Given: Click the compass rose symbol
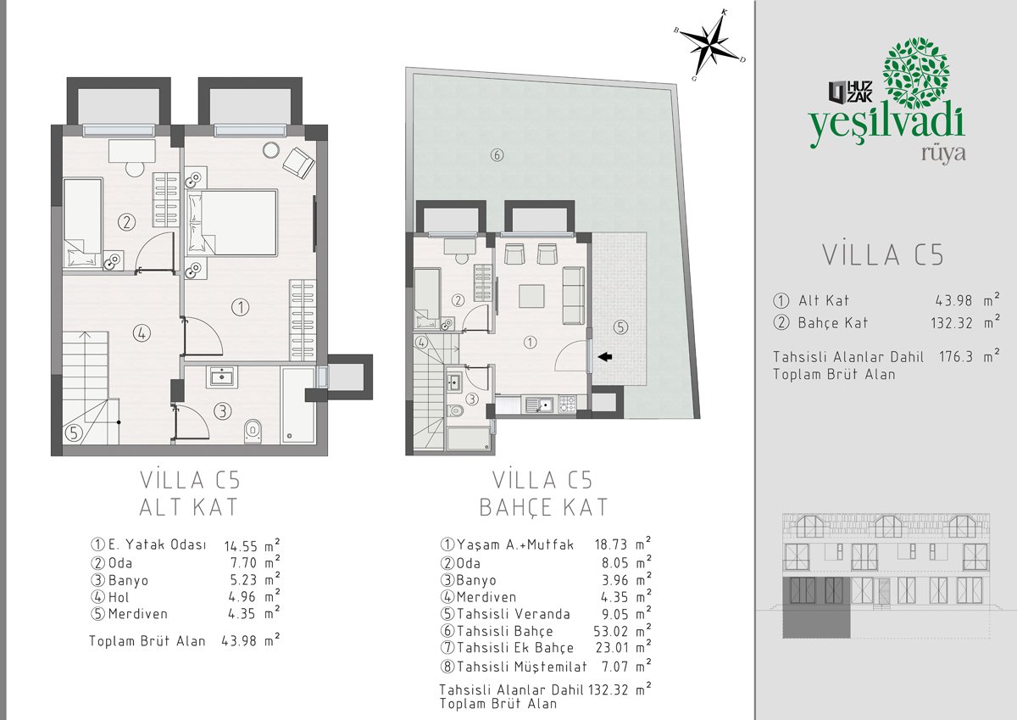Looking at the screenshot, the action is point(710,45).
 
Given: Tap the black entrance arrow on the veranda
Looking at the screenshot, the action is point(605,357).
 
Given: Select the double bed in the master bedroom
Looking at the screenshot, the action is point(232,222).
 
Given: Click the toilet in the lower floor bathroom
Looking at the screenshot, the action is point(253,431).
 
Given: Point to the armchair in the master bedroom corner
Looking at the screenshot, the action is point(298,163).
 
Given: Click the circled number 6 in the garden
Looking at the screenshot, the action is point(497,155).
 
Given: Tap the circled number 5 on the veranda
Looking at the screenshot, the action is point(620,327).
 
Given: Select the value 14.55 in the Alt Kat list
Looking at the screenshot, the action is point(241,545).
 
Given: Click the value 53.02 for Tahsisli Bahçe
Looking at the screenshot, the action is point(611,631).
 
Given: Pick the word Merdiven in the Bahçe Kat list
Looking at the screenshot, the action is point(486,597).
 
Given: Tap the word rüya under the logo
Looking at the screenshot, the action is point(943,153).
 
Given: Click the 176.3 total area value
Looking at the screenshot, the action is point(955,356).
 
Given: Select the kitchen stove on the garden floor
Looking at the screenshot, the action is point(567,404).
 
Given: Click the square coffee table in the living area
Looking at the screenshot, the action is point(531,296).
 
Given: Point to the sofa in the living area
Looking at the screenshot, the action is point(574,295).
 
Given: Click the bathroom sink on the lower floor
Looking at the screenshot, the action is point(221,377).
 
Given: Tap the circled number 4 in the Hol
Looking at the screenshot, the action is point(142,333).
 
